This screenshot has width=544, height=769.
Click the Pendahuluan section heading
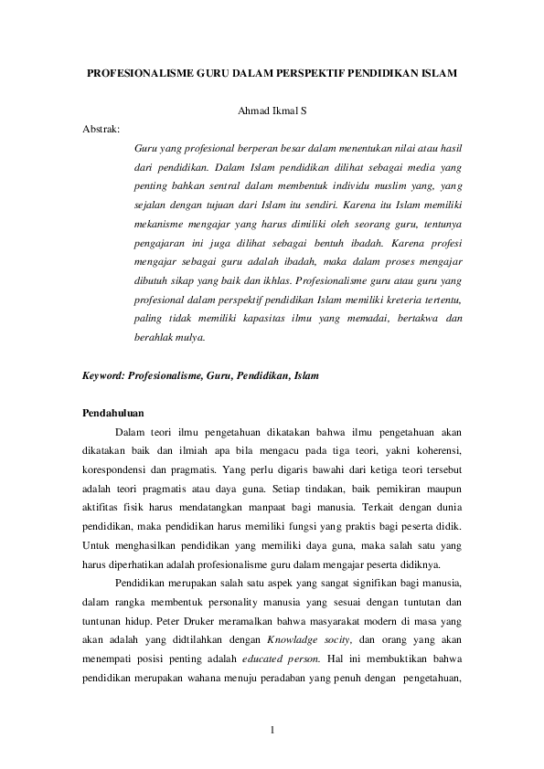113,413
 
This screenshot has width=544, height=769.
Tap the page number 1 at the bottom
272,729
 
